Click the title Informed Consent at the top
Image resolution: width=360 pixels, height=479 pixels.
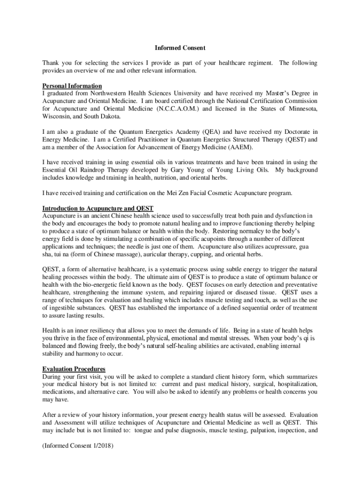tap(180, 48)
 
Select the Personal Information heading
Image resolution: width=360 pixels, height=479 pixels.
tap(72, 86)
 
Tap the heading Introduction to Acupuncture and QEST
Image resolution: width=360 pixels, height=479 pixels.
tap(98, 208)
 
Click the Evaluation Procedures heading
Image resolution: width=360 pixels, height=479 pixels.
tap(73, 369)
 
